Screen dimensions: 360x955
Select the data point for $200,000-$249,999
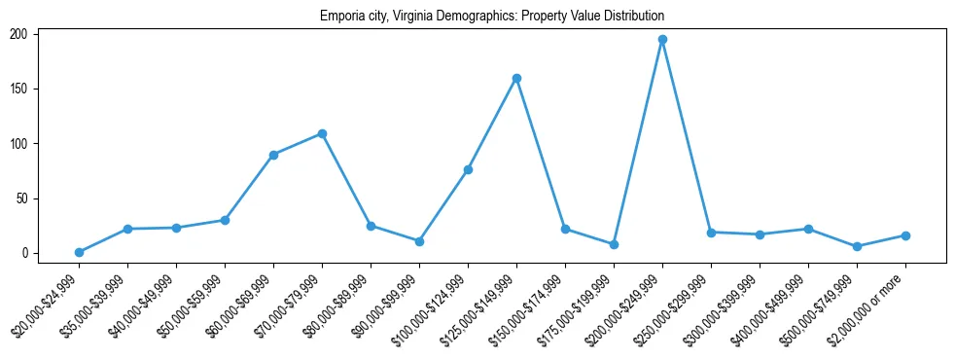tap(662, 40)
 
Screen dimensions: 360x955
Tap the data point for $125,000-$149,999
tap(516, 78)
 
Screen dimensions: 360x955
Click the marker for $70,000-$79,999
tap(322, 133)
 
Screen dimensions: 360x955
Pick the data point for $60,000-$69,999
tap(273, 155)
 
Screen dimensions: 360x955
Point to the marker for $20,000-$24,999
tap(79, 252)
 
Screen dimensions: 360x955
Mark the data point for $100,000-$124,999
tap(468, 169)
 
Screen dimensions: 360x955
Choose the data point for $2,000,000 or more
tap(905, 235)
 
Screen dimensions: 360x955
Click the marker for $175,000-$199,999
tap(614, 244)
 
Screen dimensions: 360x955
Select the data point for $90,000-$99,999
tap(419, 241)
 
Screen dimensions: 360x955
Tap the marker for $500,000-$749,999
tap(857, 246)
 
